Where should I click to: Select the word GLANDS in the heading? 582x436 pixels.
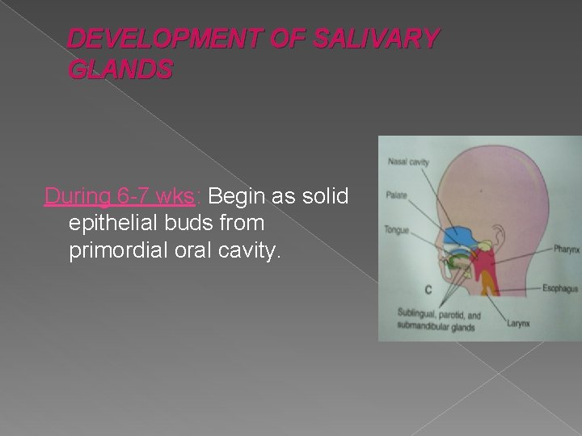(x=120, y=71)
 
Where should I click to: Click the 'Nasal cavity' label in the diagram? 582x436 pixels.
(x=408, y=161)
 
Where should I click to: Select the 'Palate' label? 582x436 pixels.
(x=397, y=195)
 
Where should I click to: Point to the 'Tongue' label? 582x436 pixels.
(x=398, y=229)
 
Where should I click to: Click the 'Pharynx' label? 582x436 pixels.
(x=566, y=249)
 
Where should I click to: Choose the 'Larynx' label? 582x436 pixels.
(x=518, y=325)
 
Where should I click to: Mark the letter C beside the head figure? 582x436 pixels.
(x=427, y=289)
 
